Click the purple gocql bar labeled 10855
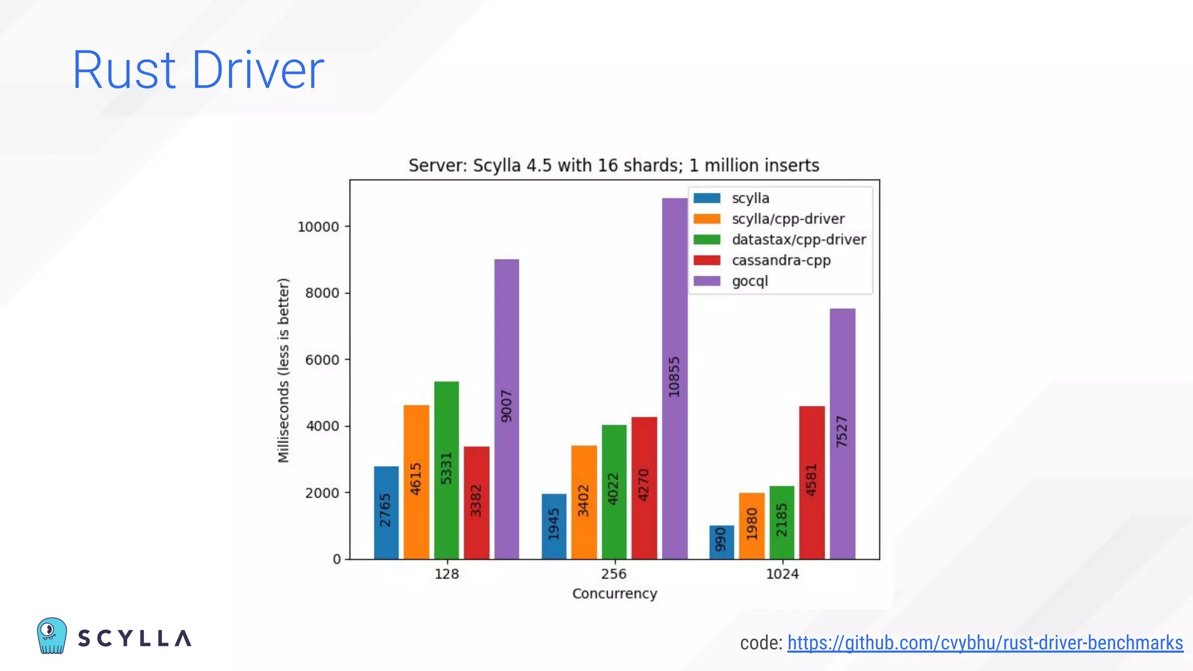point(675,379)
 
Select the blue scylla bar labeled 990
point(721,542)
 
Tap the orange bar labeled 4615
point(416,482)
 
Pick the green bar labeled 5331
point(446,470)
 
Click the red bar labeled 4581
point(811,482)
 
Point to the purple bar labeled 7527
point(842,433)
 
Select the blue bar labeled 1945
point(553,526)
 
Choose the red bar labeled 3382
point(477,502)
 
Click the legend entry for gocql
point(749,281)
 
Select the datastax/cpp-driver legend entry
point(798,239)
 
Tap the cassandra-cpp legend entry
point(781,260)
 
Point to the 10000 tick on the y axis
point(318,227)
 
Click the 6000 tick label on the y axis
point(322,360)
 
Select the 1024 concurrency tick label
point(782,574)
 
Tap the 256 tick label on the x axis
point(613,574)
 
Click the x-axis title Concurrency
point(614,594)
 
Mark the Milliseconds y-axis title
point(283,370)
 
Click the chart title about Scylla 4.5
point(613,165)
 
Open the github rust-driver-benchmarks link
point(984,642)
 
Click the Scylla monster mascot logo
point(52,635)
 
